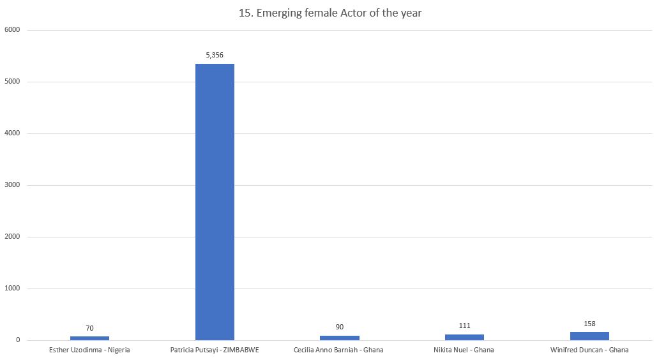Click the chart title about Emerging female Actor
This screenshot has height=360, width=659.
(330, 13)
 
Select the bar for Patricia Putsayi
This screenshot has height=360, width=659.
(215, 202)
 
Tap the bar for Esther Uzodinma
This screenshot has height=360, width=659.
(89, 338)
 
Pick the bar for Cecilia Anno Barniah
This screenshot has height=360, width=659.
(339, 338)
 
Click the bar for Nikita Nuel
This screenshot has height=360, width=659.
(464, 337)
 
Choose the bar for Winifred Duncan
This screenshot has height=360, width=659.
(589, 336)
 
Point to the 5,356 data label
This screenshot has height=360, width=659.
(215, 55)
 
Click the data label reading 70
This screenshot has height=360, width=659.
(89, 328)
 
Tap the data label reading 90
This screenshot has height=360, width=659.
(339, 327)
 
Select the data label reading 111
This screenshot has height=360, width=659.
(464, 326)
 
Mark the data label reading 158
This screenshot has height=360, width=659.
(589, 324)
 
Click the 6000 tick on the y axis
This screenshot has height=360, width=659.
(13, 30)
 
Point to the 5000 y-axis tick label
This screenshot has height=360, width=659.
(13, 82)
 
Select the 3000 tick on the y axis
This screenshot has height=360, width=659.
(13, 185)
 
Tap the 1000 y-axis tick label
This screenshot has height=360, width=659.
(13, 289)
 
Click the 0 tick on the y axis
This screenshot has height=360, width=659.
(19, 340)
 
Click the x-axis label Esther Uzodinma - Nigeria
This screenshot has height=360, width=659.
(89, 350)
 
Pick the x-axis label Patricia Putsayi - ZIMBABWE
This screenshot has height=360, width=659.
(215, 350)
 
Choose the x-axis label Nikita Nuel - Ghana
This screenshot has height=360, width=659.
(464, 350)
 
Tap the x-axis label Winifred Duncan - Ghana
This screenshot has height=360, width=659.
(589, 350)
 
